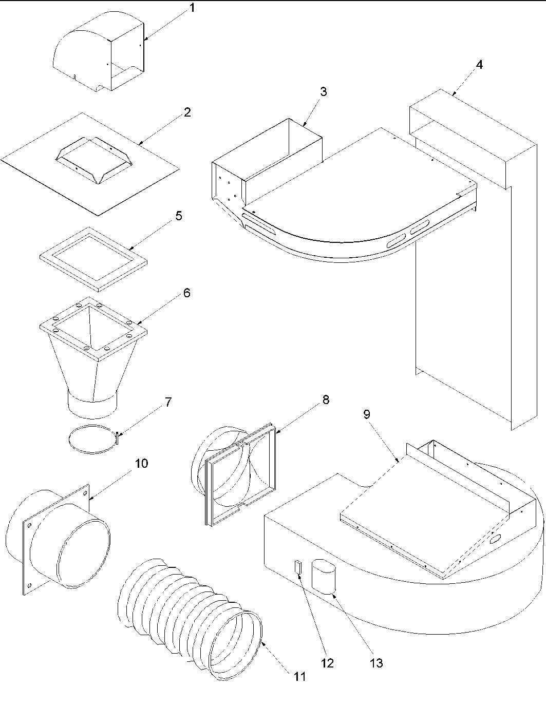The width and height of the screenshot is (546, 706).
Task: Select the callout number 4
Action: pyautogui.click(x=479, y=65)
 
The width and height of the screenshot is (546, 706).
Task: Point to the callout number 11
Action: pyautogui.click(x=299, y=676)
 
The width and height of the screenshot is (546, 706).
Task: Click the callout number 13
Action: pyautogui.click(x=376, y=663)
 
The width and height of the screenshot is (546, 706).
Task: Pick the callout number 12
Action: pyautogui.click(x=327, y=663)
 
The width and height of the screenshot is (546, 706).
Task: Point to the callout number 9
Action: pyautogui.click(x=367, y=414)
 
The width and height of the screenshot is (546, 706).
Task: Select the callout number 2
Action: pyautogui.click(x=187, y=112)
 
